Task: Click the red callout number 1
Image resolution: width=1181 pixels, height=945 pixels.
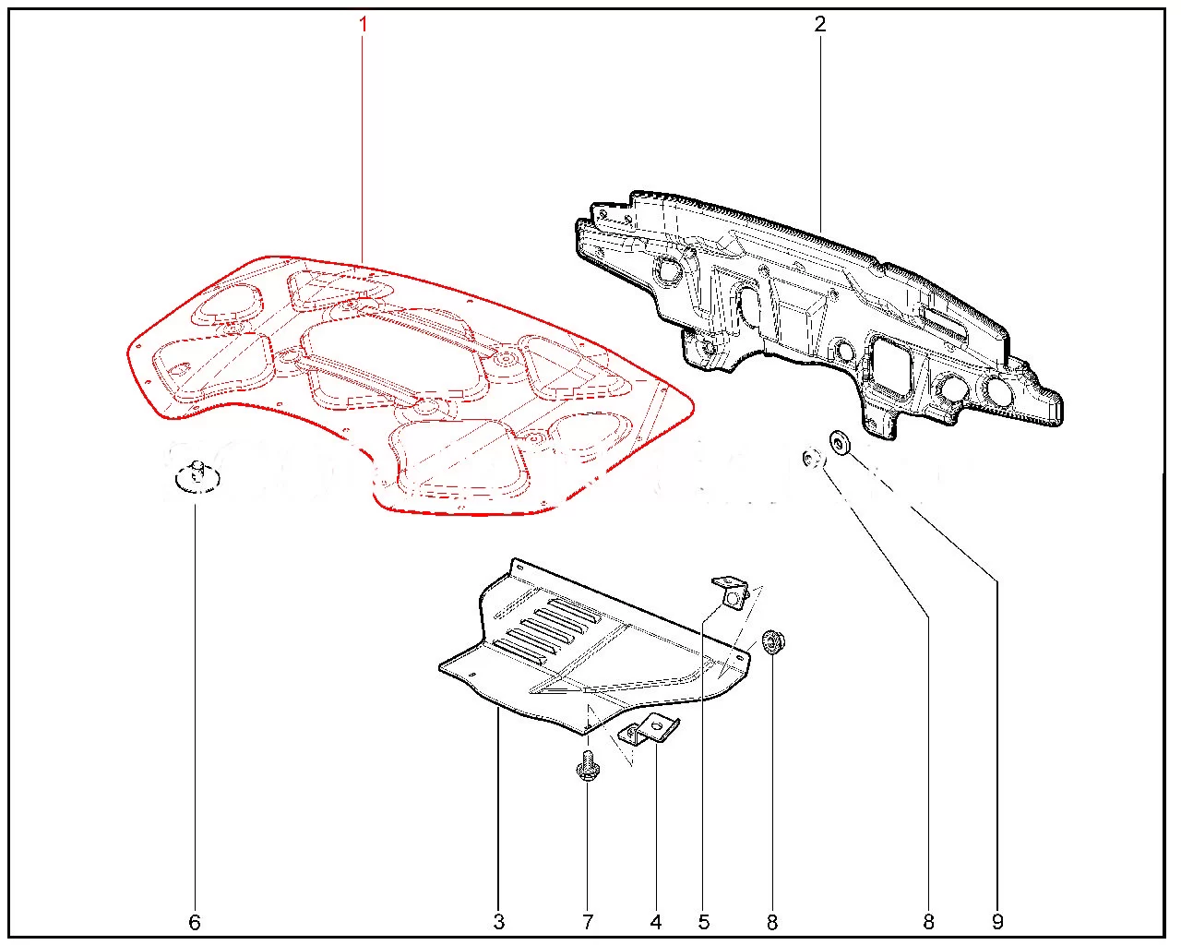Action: [x=363, y=24]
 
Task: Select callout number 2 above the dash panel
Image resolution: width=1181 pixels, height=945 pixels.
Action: [x=820, y=24]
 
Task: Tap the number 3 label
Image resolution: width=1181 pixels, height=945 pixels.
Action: [x=499, y=922]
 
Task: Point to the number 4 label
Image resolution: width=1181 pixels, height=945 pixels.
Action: [x=656, y=922]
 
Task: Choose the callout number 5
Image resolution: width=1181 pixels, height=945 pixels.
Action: [x=704, y=922]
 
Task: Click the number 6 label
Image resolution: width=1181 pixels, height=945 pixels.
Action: [x=195, y=922]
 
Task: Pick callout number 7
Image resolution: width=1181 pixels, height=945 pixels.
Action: [x=588, y=922]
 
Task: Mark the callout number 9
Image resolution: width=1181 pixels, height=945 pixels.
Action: [x=997, y=922]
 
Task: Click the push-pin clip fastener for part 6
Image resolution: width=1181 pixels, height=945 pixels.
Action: [x=197, y=477]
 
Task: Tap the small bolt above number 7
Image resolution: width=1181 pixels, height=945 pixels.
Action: [x=588, y=765]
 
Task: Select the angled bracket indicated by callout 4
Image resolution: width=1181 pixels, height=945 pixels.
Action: [x=650, y=729]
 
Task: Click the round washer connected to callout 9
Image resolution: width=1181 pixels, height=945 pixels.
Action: [x=840, y=443]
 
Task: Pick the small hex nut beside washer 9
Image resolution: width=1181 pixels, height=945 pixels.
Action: [x=812, y=458]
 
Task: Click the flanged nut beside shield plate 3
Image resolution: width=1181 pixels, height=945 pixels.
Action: [x=773, y=641]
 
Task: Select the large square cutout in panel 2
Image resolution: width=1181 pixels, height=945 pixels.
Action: [x=892, y=363]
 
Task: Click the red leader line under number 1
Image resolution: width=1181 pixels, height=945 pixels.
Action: [x=363, y=149]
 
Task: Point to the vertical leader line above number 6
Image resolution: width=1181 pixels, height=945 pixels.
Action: [x=195, y=707]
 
